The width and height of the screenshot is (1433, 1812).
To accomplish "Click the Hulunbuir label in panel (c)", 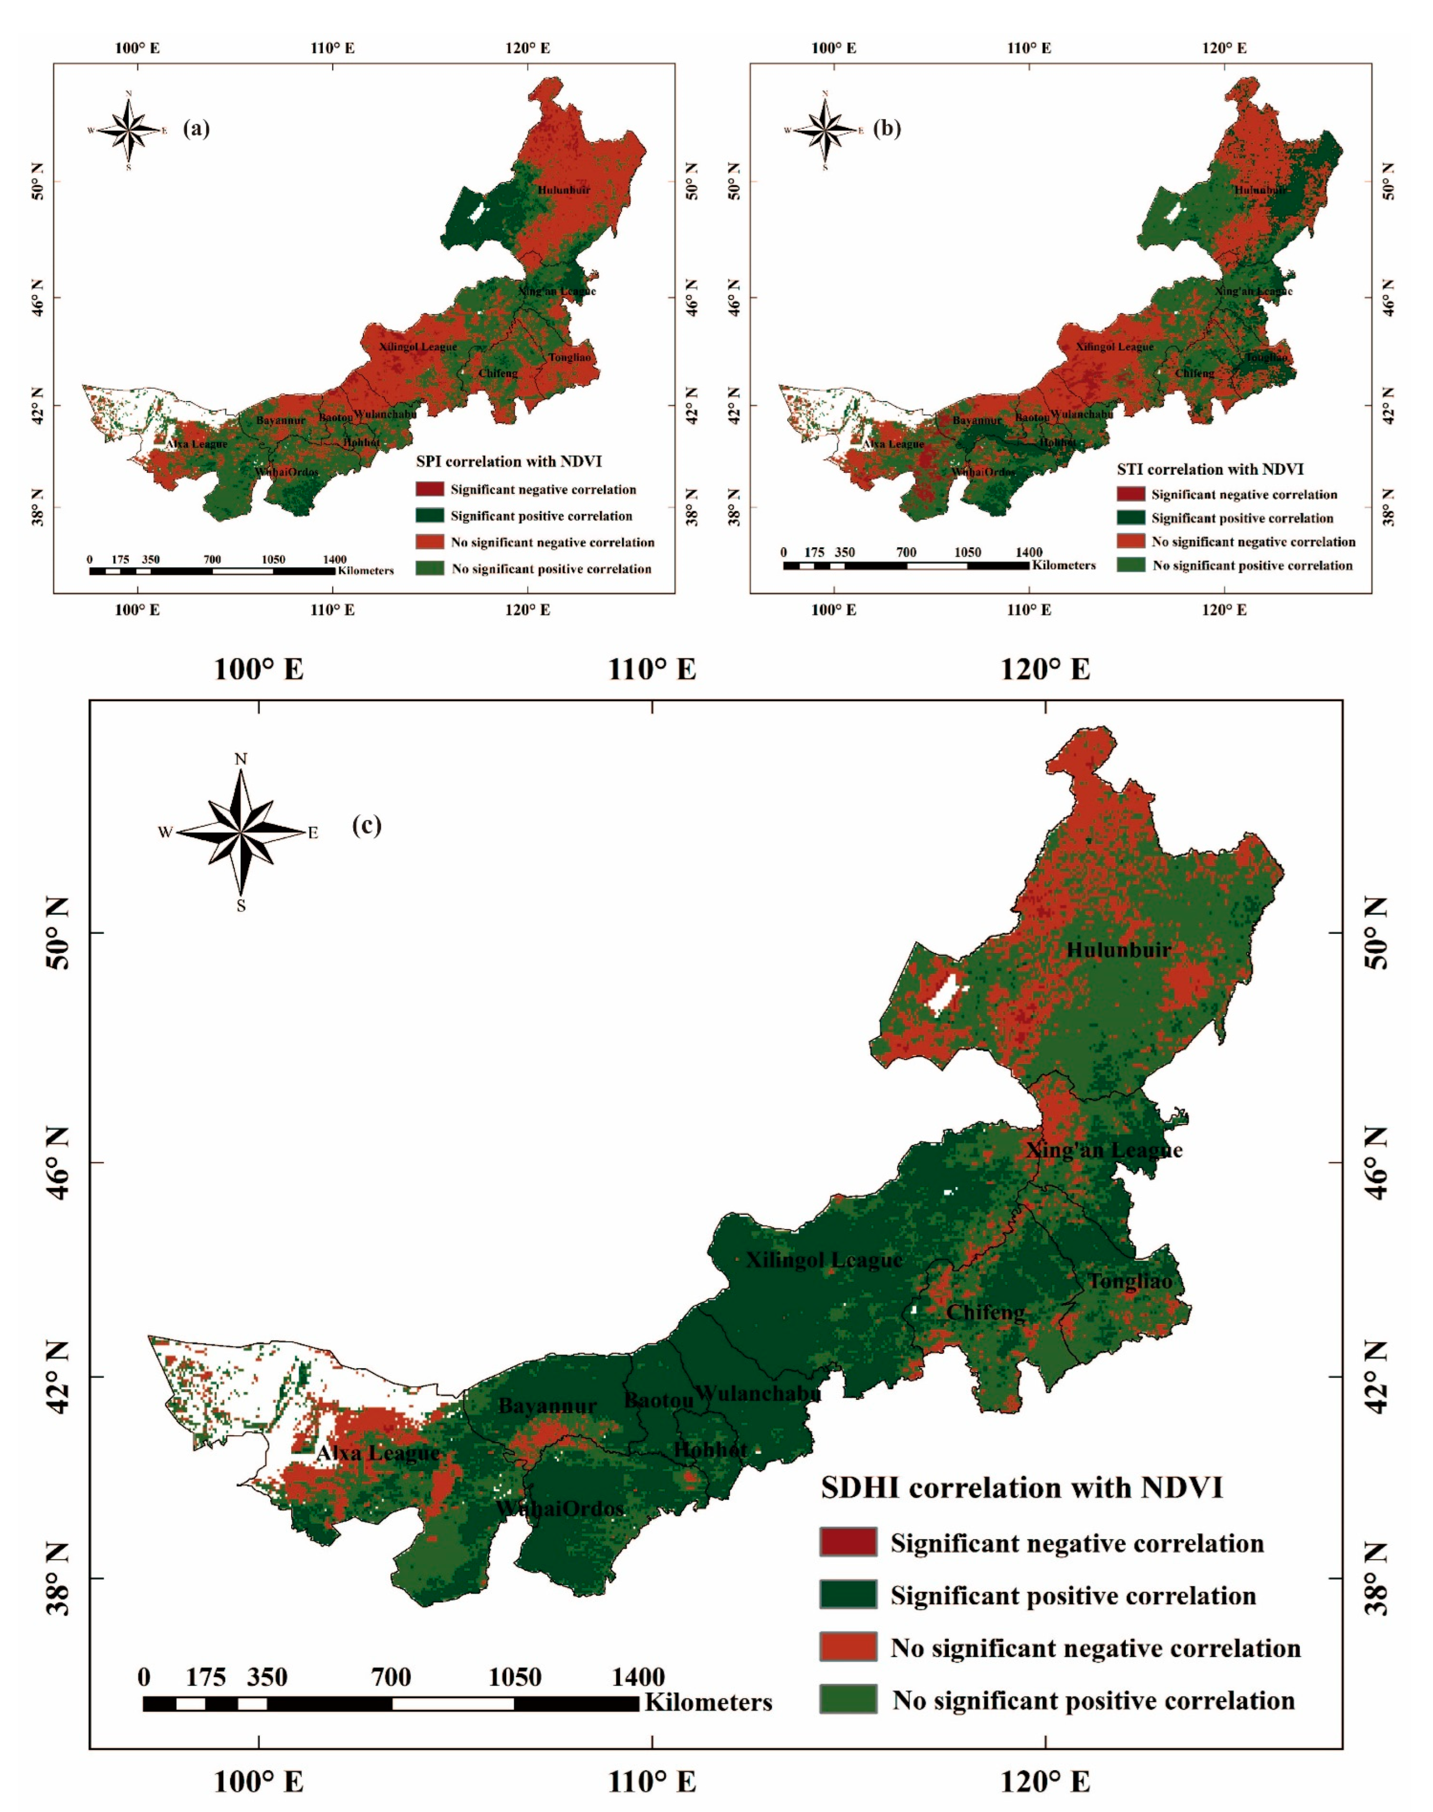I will (x=1118, y=950).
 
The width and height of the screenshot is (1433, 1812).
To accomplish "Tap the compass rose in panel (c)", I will (x=241, y=832).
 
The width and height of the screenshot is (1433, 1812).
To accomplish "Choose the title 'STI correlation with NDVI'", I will (x=1210, y=469).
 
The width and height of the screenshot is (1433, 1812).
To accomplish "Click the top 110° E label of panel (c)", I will (x=653, y=670).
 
